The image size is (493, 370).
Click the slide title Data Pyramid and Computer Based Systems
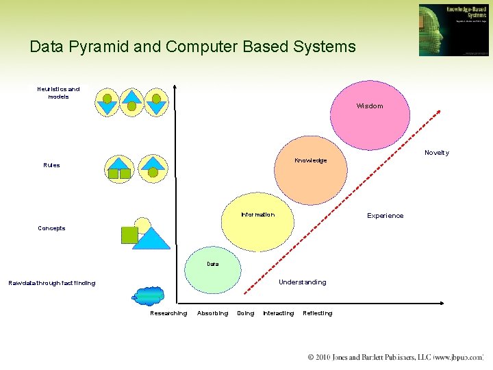(x=192, y=47)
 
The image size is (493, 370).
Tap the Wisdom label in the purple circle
(x=369, y=106)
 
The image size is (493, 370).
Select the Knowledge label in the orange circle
(x=310, y=160)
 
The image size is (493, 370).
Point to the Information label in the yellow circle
(x=257, y=214)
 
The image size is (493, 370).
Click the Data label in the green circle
(x=213, y=264)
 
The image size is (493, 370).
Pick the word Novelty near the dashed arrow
(x=436, y=153)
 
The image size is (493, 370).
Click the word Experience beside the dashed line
(x=385, y=216)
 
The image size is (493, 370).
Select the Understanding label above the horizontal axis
(x=302, y=282)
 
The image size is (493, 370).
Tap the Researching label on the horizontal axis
(x=168, y=313)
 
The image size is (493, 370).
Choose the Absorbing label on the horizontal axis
(x=212, y=313)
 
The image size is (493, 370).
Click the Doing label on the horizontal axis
(x=245, y=313)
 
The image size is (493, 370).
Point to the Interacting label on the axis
(x=278, y=313)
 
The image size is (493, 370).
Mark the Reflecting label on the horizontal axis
(x=317, y=313)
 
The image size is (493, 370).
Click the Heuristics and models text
(x=58, y=92)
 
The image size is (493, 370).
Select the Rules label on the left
(x=51, y=165)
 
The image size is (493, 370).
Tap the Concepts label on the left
(x=51, y=228)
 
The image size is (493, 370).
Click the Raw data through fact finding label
(x=51, y=283)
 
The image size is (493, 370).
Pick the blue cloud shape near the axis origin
(x=149, y=295)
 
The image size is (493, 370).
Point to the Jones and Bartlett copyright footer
(x=395, y=358)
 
